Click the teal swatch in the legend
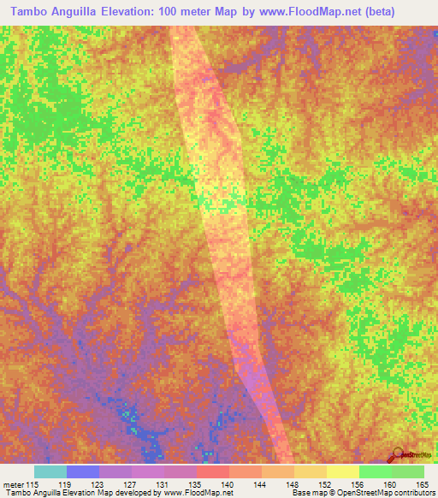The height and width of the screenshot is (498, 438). pyautogui.click(x=50, y=471)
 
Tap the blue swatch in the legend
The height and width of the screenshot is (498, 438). pyautogui.click(x=83, y=471)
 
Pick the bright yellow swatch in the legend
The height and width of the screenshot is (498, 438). pyautogui.click(x=342, y=471)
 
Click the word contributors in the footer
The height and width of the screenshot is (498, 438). pyautogui.click(x=410, y=494)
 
